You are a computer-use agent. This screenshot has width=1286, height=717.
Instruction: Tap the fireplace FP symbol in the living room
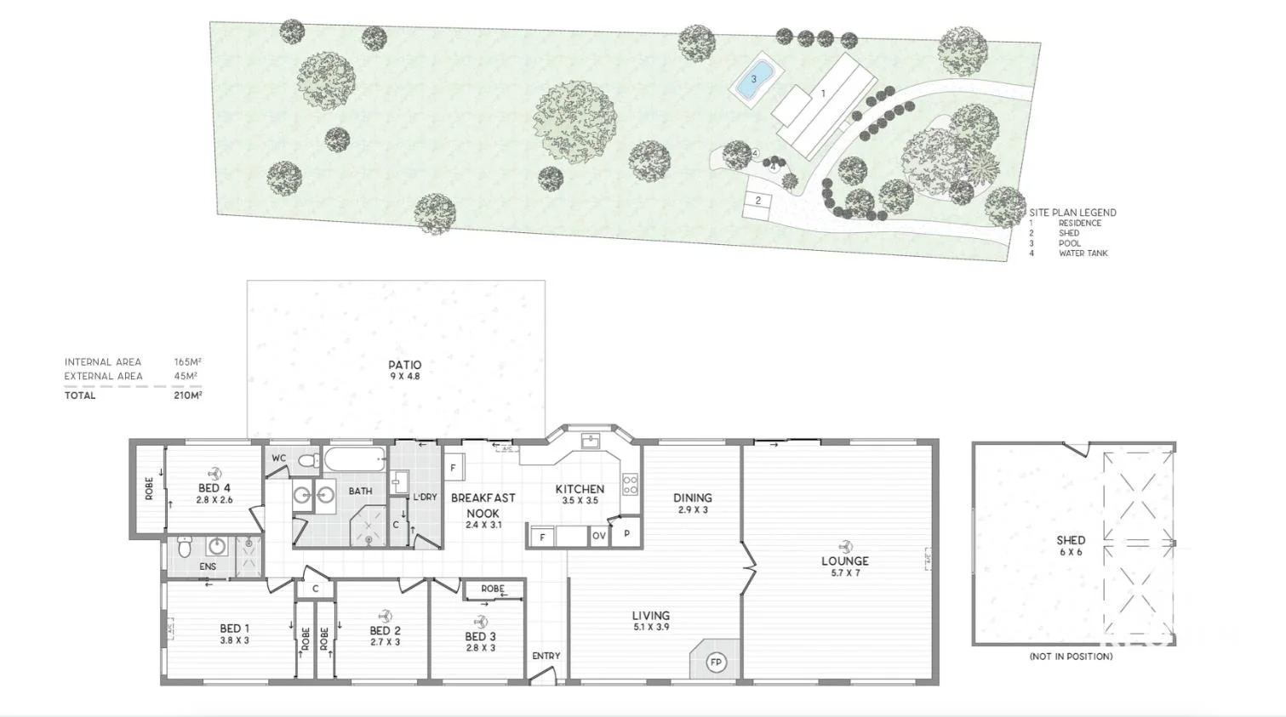click(x=716, y=662)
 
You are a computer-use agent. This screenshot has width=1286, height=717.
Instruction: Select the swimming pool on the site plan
click(x=753, y=80)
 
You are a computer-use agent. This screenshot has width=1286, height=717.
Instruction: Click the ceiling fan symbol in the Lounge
click(x=844, y=546)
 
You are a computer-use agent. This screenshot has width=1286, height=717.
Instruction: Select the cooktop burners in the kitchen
click(x=630, y=485)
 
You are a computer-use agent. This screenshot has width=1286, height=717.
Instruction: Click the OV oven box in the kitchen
click(x=599, y=537)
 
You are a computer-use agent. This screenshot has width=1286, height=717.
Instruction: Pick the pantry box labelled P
click(x=626, y=533)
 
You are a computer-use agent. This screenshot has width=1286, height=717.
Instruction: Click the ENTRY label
click(x=546, y=656)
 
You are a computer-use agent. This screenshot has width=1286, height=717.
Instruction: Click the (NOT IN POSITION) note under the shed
click(x=1070, y=657)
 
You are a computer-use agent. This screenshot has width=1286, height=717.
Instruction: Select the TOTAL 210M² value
click(x=187, y=395)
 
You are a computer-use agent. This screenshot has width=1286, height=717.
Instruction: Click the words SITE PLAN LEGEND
click(x=1072, y=213)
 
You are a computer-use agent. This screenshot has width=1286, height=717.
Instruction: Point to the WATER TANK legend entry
click(x=1083, y=253)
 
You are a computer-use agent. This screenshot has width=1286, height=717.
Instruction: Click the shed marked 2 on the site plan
click(x=757, y=202)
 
